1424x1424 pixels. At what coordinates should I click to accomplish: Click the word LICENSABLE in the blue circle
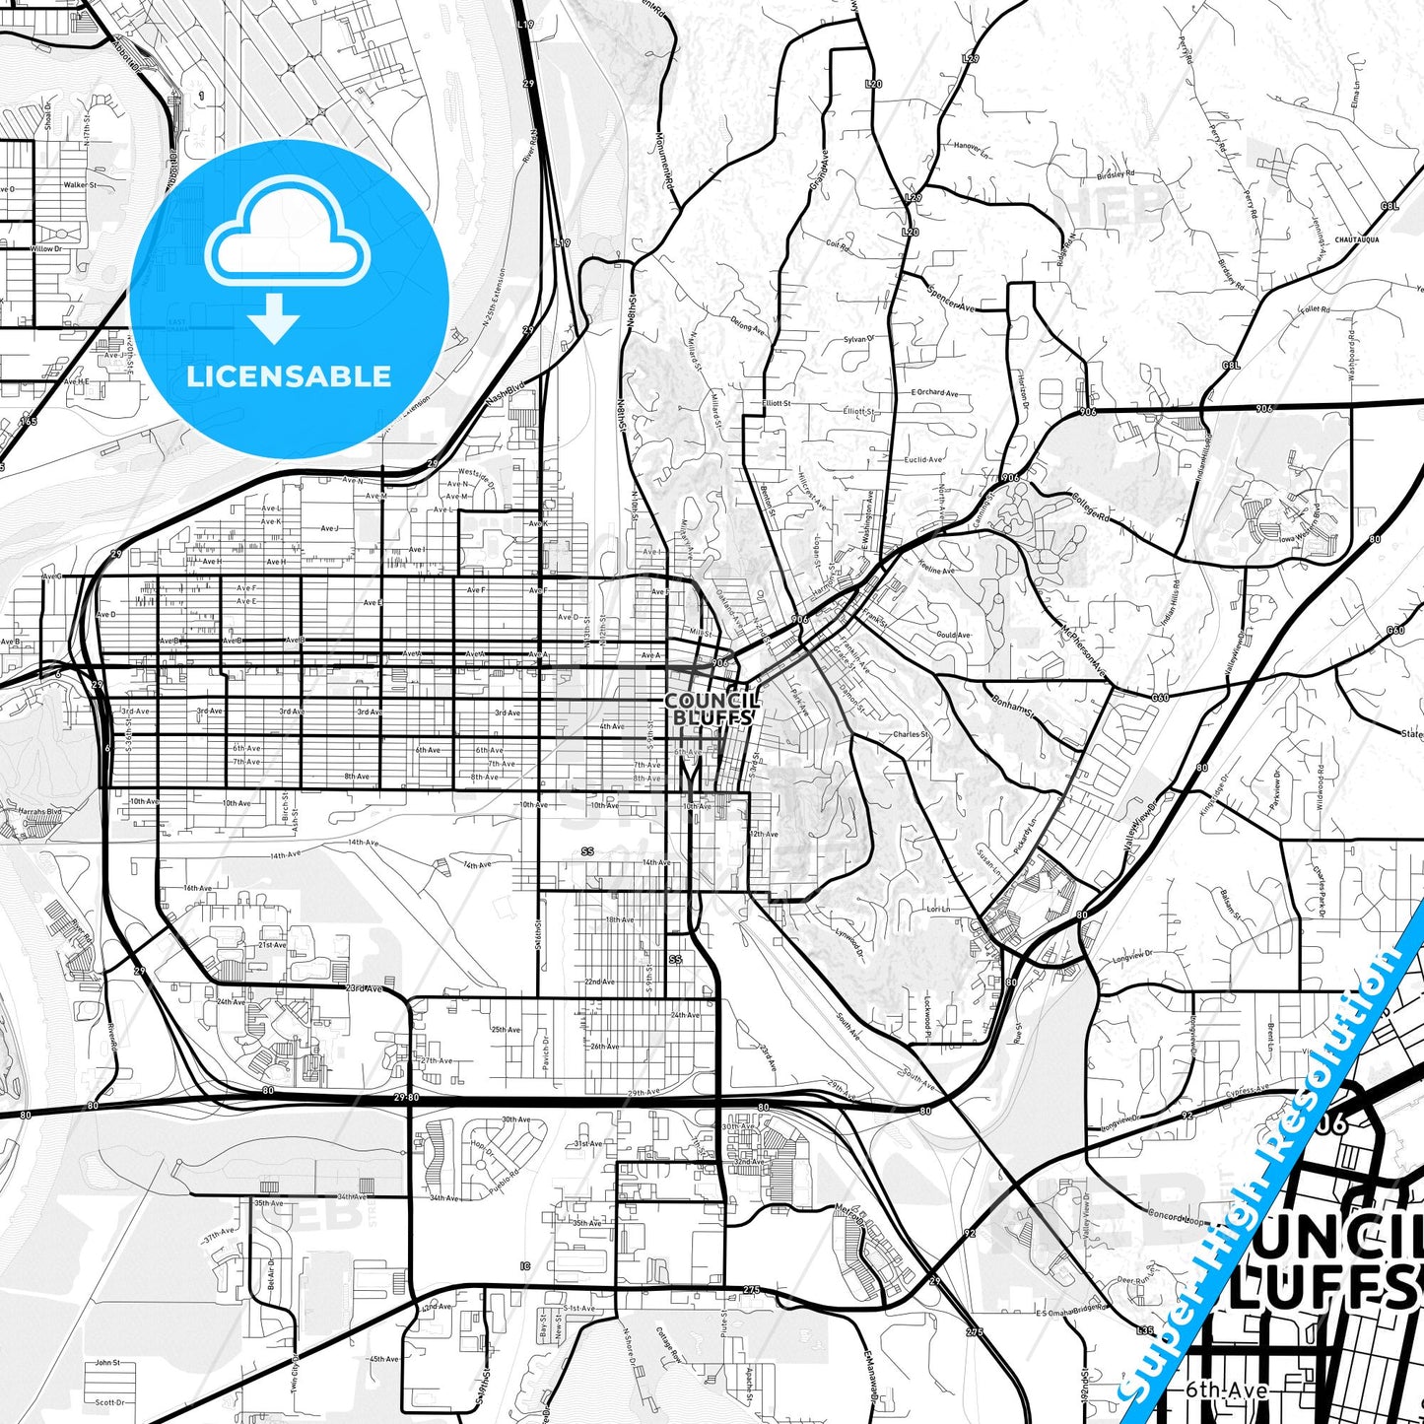click(x=289, y=376)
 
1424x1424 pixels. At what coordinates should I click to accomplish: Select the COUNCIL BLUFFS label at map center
click(x=712, y=709)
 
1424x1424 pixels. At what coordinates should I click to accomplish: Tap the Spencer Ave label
click(x=952, y=298)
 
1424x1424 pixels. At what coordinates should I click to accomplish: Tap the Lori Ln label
click(x=938, y=909)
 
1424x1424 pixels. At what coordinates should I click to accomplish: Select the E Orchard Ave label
click(x=934, y=392)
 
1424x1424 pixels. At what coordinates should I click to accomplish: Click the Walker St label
click(x=80, y=184)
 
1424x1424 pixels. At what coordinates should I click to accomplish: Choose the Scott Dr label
click(x=109, y=1402)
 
